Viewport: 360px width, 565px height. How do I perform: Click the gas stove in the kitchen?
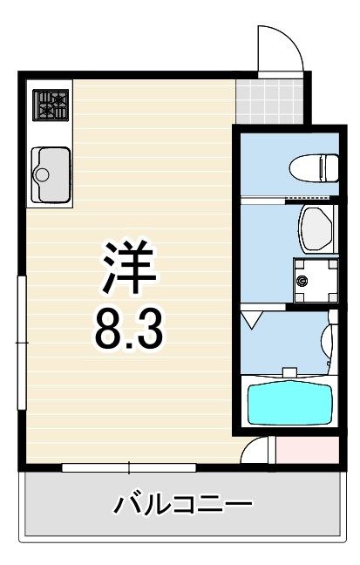tap(51, 105)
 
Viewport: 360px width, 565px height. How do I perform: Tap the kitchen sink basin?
tap(51, 174)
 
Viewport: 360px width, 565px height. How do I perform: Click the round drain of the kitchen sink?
tap(41, 174)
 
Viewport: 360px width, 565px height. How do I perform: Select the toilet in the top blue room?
tap(314, 168)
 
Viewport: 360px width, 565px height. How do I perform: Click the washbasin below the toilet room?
tap(316, 229)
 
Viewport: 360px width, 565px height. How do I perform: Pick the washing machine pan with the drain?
tap(316, 281)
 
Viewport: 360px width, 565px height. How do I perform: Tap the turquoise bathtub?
tap(289, 405)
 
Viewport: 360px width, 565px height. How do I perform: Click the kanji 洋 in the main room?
tap(130, 267)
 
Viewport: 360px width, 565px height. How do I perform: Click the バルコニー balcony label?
tap(183, 504)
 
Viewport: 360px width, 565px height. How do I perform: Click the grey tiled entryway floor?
tap(269, 102)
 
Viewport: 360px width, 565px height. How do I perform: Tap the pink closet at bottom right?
tap(308, 450)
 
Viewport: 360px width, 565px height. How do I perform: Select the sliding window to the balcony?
tap(129, 467)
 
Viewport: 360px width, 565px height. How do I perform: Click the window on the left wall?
tap(23, 343)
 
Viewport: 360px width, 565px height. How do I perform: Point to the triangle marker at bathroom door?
tap(252, 320)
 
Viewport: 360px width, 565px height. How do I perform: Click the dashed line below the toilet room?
tap(308, 197)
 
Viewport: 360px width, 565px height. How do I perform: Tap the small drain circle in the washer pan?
tap(302, 280)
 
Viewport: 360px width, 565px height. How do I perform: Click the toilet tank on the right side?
tap(332, 168)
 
